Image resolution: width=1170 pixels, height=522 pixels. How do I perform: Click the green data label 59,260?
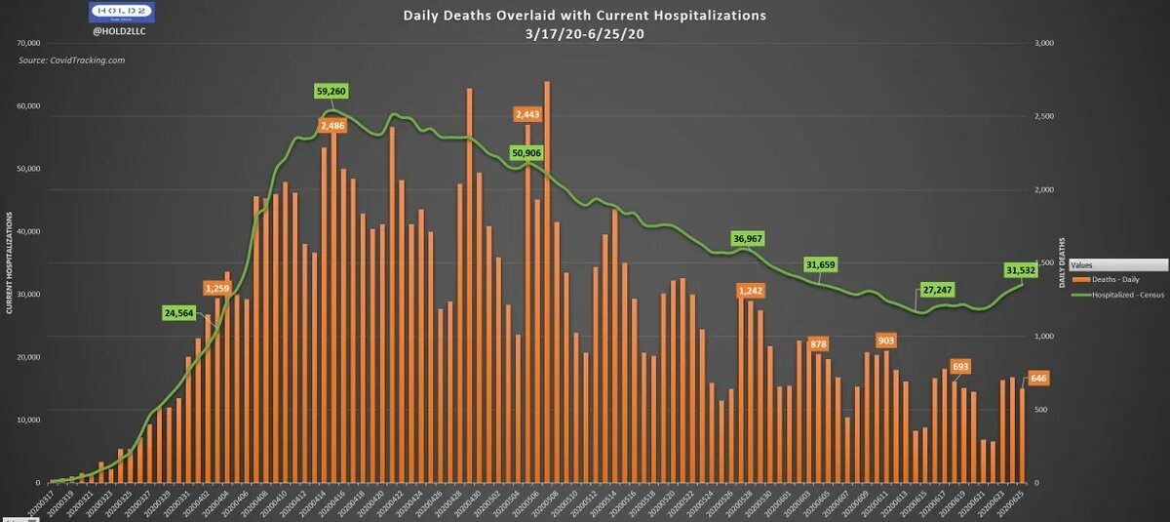click(331, 91)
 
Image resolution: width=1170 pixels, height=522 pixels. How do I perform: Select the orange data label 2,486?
click(331, 126)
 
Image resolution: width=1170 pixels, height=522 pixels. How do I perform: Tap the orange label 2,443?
click(526, 114)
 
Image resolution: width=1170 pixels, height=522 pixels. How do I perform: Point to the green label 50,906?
click(526, 153)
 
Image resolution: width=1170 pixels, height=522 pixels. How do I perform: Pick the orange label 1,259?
click(217, 288)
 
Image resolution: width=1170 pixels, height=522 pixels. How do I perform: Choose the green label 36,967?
click(747, 238)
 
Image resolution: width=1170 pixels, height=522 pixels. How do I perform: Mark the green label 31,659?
click(821, 264)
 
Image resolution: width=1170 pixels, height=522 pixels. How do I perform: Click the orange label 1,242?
click(751, 291)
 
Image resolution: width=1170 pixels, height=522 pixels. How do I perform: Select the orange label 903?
click(886, 341)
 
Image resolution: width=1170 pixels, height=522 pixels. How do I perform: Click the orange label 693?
click(960, 367)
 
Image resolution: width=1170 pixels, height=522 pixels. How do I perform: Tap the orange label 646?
click(1038, 378)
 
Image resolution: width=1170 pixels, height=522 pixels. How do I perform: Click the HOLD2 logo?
click(119, 13)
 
